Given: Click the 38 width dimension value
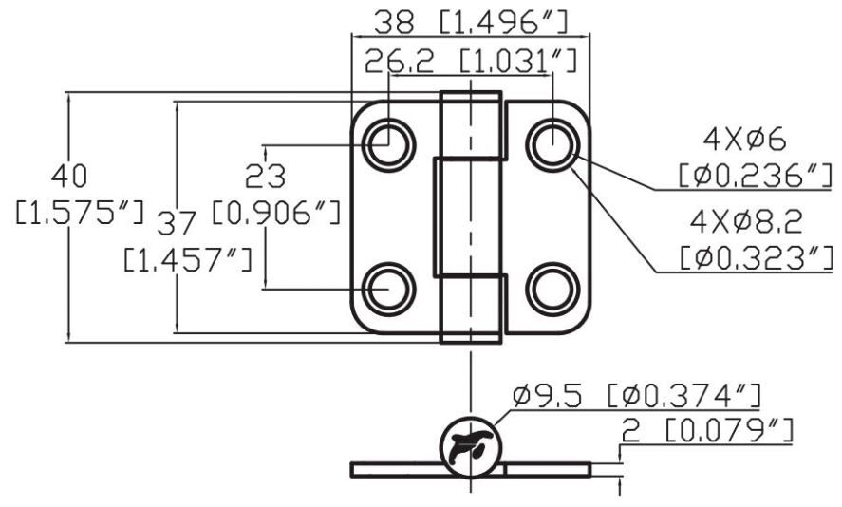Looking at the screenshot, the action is point(394,23).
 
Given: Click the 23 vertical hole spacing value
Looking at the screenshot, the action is point(265,176).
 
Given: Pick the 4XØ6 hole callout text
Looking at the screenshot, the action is point(745,140).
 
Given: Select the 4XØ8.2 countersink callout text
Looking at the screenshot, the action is point(746,221).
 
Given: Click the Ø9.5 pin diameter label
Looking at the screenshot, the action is point(547,396).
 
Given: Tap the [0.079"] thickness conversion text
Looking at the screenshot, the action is point(729,431).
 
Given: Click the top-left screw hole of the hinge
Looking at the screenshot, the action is point(388,145).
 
